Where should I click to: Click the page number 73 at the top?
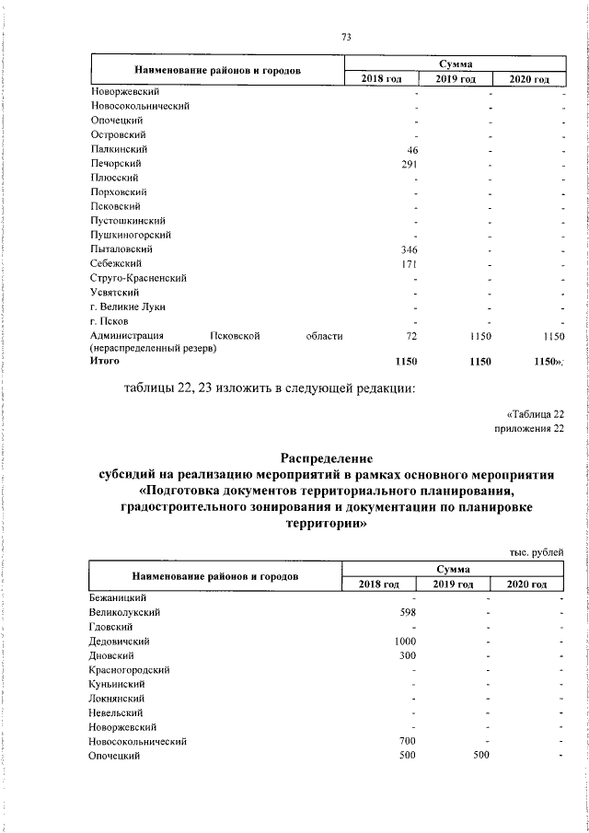click(x=346, y=37)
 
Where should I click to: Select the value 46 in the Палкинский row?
click(x=413, y=149)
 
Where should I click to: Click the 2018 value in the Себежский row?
click(x=410, y=264)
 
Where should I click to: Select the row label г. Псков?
click(x=110, y=321)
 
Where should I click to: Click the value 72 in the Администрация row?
click(x=412, y=337)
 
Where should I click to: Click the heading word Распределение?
click(x=327, y=457)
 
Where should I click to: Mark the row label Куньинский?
click(x=117, y=684)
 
